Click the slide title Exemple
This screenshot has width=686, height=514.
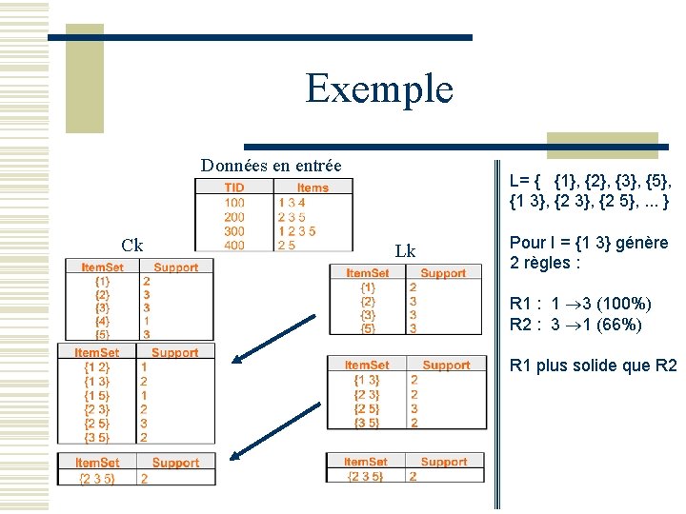click(379, 89)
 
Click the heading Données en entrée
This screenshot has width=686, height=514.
click(271, 165)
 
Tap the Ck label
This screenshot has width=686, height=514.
click(132, 245)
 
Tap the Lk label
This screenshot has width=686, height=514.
click(405, 251)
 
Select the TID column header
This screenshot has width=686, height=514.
click(234, 188)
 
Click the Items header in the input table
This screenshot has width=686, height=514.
click(312, 188)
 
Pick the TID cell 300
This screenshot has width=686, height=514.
click(234, 230)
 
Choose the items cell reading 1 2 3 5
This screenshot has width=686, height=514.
click(296, 230)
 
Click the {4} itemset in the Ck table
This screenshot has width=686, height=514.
click(102, 321)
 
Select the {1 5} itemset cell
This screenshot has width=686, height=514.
click(97, 395)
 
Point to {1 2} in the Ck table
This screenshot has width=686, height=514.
click(97, 366)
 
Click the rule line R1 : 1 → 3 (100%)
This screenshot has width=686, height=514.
click(580, 304)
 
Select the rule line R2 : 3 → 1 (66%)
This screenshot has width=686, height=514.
click(575, 325)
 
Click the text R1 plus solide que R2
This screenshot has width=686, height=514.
click(593, 366)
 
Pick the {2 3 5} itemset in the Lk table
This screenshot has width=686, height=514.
click(365, 476)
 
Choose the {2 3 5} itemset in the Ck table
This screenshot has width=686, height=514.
click(96, 479)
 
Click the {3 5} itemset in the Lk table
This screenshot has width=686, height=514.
click(366, 423)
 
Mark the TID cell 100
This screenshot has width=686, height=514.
click(234, 202)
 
